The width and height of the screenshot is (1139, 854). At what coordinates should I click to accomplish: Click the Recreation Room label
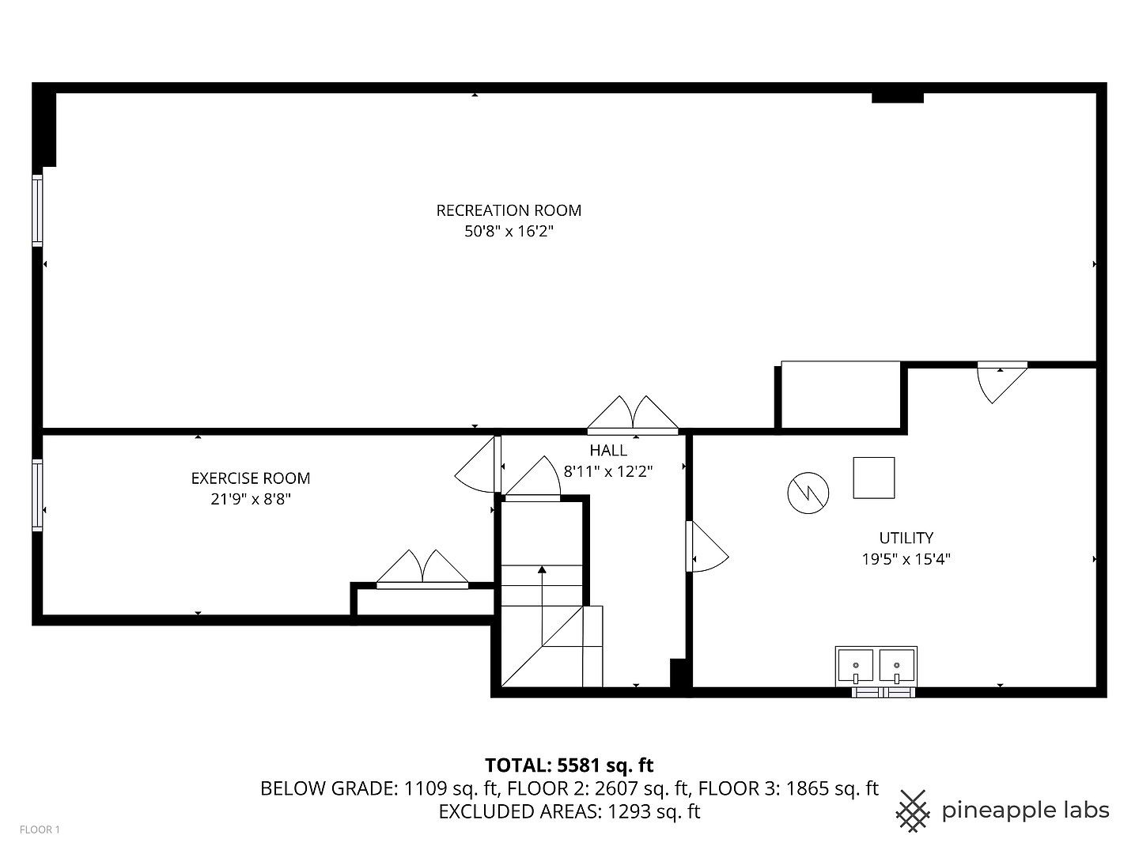click(509, 210)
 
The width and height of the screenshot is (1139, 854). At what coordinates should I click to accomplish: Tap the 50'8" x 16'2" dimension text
click(509, 232)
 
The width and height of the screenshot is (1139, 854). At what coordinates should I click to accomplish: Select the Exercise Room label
click(251, 478)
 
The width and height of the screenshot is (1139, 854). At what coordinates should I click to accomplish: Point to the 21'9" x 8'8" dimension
click(251, 499)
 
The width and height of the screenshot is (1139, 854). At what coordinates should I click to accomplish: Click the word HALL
click(608, 451)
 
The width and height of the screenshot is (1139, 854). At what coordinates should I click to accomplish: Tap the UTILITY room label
click(906, 538)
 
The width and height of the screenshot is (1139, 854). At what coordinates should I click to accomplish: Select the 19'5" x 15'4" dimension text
click(906, 559)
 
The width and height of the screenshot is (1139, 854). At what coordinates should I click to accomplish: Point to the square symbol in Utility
click(874, 478)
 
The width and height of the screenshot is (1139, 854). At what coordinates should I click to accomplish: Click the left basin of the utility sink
click(855, 665)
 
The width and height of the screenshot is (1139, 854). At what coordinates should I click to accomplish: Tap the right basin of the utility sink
click(897, 665)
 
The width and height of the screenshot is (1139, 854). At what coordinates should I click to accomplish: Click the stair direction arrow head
click(542, 569)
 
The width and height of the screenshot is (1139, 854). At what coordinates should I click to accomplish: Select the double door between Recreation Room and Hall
click(633, 414)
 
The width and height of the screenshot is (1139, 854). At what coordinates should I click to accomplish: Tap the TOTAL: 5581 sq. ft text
click(569, 765)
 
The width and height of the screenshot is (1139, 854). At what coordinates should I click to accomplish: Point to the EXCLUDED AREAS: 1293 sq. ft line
click(569, 811)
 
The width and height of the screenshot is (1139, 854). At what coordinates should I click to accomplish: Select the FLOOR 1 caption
click(40, 829)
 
